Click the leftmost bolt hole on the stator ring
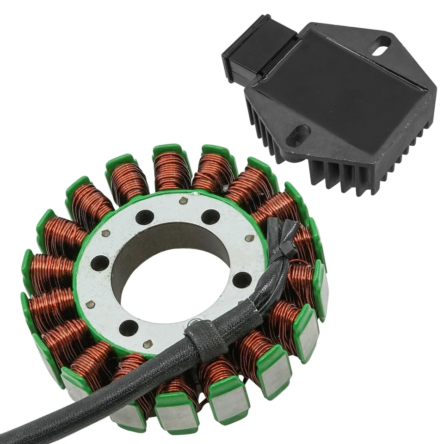(100, 263)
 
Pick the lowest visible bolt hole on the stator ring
(128, 328)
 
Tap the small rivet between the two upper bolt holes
(182, 200)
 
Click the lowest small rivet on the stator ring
(147, 344)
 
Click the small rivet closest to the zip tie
(250, 238)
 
